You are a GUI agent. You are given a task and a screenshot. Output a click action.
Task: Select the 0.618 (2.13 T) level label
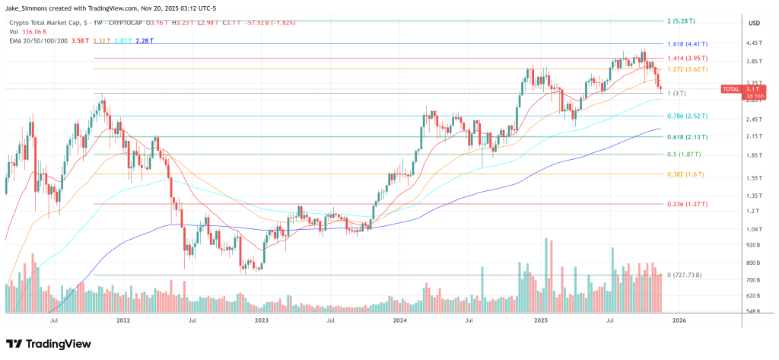pos(686,137)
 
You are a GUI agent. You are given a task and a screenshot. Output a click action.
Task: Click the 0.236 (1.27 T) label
pos(686,204)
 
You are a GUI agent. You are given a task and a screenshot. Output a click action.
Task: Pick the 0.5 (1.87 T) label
pos(683,154)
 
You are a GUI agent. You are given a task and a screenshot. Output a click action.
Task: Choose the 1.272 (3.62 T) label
pos(688,69)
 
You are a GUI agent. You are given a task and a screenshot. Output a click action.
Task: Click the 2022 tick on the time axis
pos(122,321)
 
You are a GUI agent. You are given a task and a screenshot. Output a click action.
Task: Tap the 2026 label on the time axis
pos(679,321)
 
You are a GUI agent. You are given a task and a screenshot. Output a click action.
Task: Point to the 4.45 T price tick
pos(755,43)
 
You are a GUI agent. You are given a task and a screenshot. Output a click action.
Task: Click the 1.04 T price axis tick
pos(755,229)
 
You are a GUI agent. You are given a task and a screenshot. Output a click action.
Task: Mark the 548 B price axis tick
pos(755,313)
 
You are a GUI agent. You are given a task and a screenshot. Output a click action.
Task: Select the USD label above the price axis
pos(755,23)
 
